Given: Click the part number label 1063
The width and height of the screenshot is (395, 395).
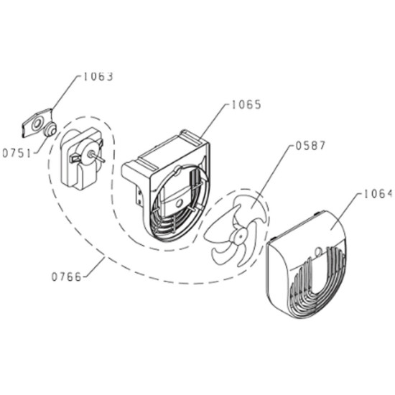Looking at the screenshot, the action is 98,77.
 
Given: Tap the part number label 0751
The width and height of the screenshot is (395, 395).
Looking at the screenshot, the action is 17,153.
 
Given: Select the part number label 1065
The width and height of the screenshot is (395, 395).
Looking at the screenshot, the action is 246,105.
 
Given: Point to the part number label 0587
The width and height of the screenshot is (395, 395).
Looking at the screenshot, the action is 310,146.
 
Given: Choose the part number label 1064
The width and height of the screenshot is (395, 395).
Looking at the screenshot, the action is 378,194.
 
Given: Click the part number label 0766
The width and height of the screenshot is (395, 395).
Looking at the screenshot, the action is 67,276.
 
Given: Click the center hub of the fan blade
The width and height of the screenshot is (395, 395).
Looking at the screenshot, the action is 240,236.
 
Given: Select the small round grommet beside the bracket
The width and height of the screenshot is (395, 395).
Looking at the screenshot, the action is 50,129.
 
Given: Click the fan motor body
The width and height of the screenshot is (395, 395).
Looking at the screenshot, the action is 81,159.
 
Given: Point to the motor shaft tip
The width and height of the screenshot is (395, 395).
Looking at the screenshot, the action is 103,160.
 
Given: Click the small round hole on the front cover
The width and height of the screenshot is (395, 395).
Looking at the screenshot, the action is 319,251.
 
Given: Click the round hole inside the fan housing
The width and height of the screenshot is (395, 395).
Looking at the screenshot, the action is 180,203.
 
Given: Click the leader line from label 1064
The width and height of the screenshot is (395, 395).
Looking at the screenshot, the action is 346,212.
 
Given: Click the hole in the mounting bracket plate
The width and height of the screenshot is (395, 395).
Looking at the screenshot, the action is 37,124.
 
